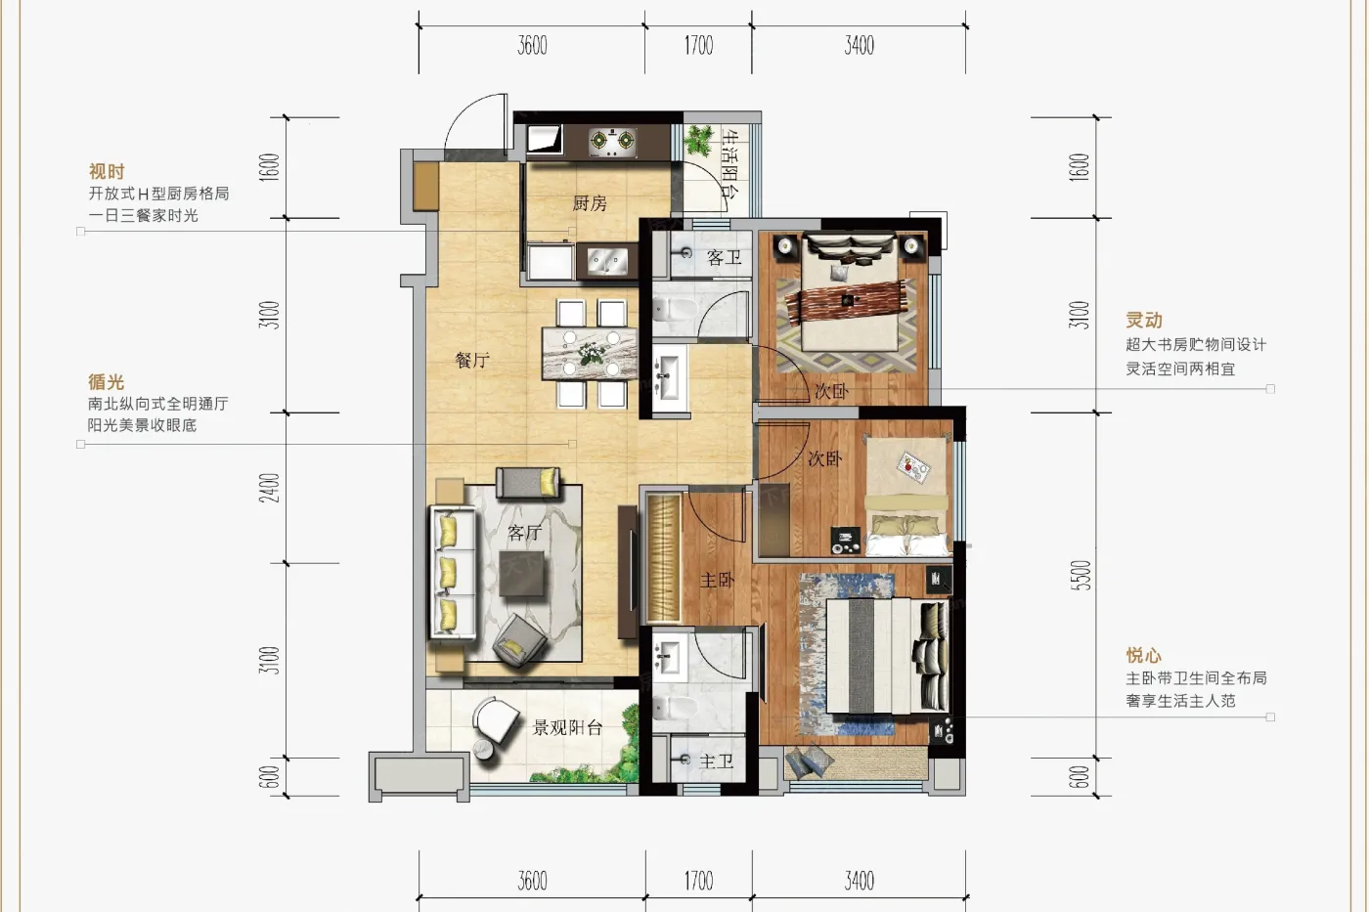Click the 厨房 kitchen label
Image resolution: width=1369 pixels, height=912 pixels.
[x=590, y=202]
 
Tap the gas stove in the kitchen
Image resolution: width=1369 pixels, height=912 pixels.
[x=612, y=143]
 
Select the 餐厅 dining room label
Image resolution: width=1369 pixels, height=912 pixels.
[x=472, y=360]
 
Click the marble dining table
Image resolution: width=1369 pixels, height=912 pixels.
[x=590, y=354]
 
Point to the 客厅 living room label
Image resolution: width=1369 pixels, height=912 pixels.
[x=524, y=533]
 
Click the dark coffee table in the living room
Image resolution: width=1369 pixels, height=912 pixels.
[x=521, y=574]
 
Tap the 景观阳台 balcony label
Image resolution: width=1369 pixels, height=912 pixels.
[x=568, y=727]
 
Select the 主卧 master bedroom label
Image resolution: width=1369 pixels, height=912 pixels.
[x=717, y=580]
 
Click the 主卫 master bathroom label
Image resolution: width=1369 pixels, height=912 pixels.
[x=716, y=761]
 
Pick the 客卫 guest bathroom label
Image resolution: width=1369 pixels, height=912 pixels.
[x=725, y=258]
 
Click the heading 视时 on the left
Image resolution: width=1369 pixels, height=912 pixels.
[x=107, y=171]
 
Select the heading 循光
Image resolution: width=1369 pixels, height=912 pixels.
[x=107, y=382]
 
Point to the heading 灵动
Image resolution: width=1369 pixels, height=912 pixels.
[x=1144, y=320]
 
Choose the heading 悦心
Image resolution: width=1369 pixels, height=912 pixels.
[x=1144, y=656]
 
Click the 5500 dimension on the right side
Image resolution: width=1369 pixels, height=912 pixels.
[x=1080, y=576]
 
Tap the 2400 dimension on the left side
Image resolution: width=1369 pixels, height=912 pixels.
[x=270, y=488]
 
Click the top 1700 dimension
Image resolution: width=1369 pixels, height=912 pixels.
[x=698, y=46]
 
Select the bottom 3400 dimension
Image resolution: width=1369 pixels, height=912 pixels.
[x=860, y=881]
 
